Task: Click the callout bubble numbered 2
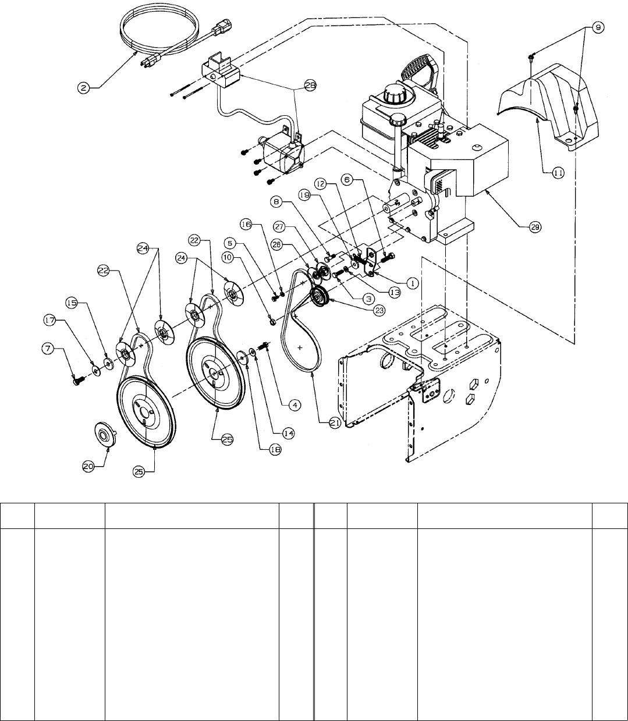(84, 88)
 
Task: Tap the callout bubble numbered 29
(535, 228)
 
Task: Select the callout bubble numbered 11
(558, 173)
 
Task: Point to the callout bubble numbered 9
(598, 27)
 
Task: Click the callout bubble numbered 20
(88, 467)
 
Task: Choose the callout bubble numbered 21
(335, 423)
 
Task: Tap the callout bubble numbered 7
(48, 349)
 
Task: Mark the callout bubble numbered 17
(49, 320)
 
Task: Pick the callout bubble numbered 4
(295, 405)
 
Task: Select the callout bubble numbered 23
(379, 311)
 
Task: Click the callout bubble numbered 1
(412, 283)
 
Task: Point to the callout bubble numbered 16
(246, 225)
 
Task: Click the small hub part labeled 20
(106, 434)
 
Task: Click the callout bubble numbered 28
(310, 86)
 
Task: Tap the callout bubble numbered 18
(275, 450)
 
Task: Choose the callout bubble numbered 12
(321, 184)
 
